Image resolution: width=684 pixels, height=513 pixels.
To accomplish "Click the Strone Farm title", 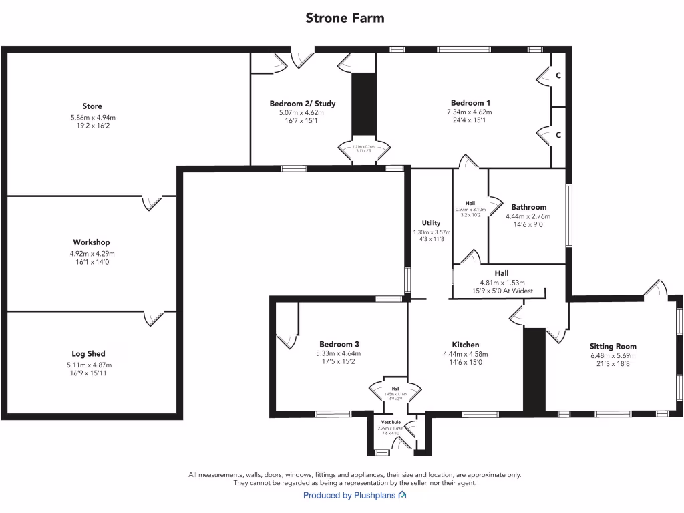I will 345,18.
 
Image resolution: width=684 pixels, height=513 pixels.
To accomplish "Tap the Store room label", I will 92,106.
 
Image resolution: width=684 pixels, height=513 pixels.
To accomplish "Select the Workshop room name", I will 92,242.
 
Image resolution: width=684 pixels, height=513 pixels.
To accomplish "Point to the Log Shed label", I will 89,354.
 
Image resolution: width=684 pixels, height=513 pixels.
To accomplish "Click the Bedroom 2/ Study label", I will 303,104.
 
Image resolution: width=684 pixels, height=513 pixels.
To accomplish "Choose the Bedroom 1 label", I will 470,102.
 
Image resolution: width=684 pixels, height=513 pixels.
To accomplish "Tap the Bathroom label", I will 528,207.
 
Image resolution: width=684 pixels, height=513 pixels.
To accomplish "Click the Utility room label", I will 431,223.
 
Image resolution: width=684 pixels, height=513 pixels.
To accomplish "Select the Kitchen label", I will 465,345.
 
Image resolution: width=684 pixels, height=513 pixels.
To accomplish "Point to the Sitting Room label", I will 613,347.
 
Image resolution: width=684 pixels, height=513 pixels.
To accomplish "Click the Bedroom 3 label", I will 339,344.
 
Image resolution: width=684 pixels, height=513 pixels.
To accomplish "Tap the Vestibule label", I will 391,423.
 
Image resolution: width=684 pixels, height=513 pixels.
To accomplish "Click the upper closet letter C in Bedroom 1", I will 558,77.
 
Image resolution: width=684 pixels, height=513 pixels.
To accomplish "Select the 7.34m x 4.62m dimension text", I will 470,112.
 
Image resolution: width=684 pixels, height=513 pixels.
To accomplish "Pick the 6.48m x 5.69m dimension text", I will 613,356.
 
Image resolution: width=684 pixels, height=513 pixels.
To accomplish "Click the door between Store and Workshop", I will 152,202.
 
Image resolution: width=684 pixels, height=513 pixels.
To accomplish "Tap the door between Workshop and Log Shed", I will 154,318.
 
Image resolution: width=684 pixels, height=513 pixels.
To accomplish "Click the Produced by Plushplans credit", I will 355,496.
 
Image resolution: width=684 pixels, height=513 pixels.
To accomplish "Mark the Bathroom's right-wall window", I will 568,215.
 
